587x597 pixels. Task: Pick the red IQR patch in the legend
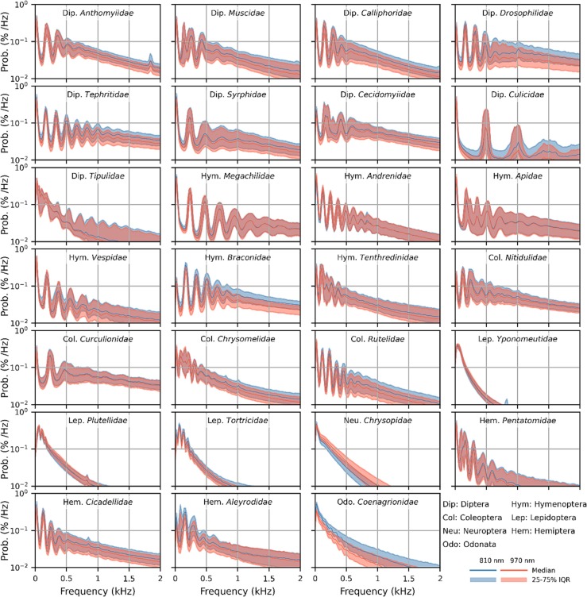[x=511, y=581]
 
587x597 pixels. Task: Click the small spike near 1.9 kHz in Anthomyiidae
[x=151, y=55]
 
